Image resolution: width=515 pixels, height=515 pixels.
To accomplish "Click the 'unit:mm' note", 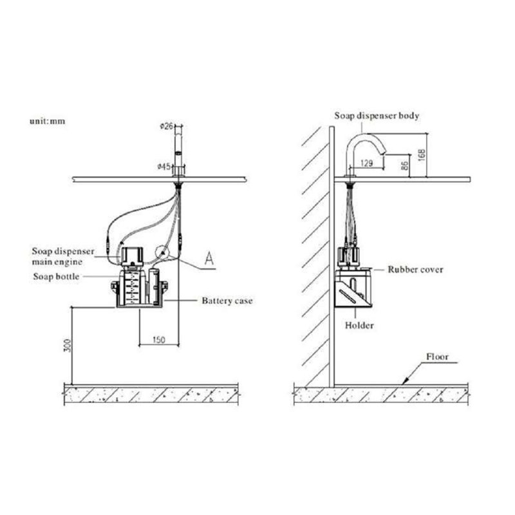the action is point(48,121).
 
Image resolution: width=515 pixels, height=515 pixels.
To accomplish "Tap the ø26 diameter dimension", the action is point(167,126).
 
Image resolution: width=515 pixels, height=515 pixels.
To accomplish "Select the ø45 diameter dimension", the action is point(164,167).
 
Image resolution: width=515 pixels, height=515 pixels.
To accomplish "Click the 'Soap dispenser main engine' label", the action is point(62,256).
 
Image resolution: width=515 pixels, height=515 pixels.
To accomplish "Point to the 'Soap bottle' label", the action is point(56,277).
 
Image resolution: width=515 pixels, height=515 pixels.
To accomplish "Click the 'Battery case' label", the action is point(227,301).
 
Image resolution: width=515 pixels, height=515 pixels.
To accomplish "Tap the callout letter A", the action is point(209,258).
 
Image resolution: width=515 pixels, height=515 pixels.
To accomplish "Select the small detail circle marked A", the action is point(162,253).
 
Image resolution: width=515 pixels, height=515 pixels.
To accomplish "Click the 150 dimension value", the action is point(159,340).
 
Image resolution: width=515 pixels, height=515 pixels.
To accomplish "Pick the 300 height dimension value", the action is point(68,345).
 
